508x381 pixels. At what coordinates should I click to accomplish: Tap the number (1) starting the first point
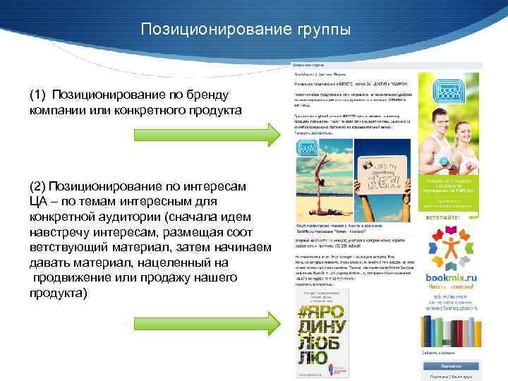tap(38, 95)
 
